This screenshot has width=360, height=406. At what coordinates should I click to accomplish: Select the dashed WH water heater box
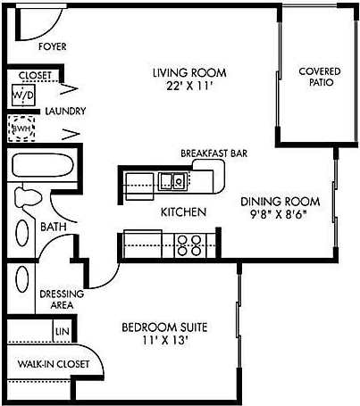click(21, 128)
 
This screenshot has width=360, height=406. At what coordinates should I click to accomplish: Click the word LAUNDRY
click(65, 112)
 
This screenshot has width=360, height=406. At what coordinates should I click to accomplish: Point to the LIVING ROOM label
click(188, 72)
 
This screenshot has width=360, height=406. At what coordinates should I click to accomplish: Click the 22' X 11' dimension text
click(188, 87)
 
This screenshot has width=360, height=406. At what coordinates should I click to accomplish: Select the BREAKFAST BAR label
click(213, 153)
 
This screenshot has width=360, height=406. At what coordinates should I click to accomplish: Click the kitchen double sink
click(172, 182)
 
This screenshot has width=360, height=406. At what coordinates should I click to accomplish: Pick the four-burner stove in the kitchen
click(188, 244)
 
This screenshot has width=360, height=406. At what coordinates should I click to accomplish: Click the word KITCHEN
click(183, 212)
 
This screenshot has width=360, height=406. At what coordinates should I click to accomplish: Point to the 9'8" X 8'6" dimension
click(282, 215)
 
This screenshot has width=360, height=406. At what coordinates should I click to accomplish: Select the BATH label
click(53, 228)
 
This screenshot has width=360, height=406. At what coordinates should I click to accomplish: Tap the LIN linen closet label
click(62, 332)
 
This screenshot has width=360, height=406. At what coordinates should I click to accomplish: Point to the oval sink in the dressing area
click(22, 285)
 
